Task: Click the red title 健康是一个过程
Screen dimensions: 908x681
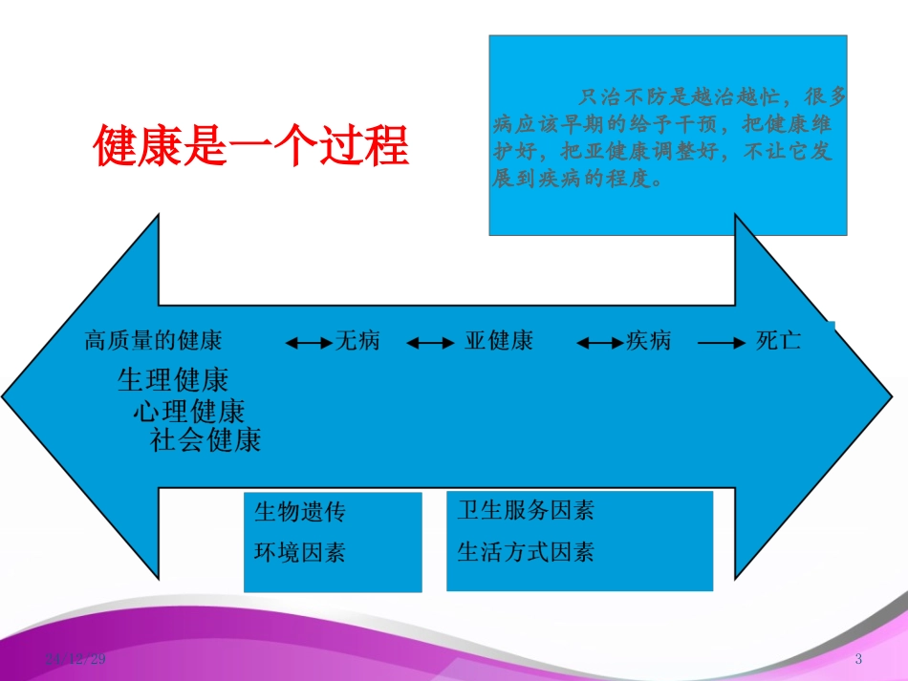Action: pyautogui.click(x=250, y=146)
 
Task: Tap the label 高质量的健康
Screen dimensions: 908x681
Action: pyautogui.click(x=153, y=341)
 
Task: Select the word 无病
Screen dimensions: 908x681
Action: pyautogui.click(x=357, y=341)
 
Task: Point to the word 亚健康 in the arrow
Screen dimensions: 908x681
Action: pyautogui.click(x=498, y=341)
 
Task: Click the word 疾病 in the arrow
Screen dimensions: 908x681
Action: pyautogui.click(x=648, y=341)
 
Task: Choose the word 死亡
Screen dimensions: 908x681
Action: pyautogui.click(x=778, y=341)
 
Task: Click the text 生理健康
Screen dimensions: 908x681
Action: pyautogui.click(x=173, y=380)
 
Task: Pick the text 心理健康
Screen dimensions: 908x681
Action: pyautogui.click(x=188, y=412)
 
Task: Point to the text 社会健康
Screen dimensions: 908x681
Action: pyautogui.click(x=205, y=440)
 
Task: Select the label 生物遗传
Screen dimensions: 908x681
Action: pyautogui.click(x=299, y=513)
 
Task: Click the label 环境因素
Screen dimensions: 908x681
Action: pyautogui.click(x=299, y=552)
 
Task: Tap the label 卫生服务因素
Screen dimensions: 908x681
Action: pyautogui.click(x=525, y=511)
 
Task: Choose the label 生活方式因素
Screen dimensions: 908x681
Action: pyautogui.click(x=525, y=552)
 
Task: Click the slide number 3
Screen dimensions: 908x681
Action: pyautogui.click(x=858, y=659)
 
